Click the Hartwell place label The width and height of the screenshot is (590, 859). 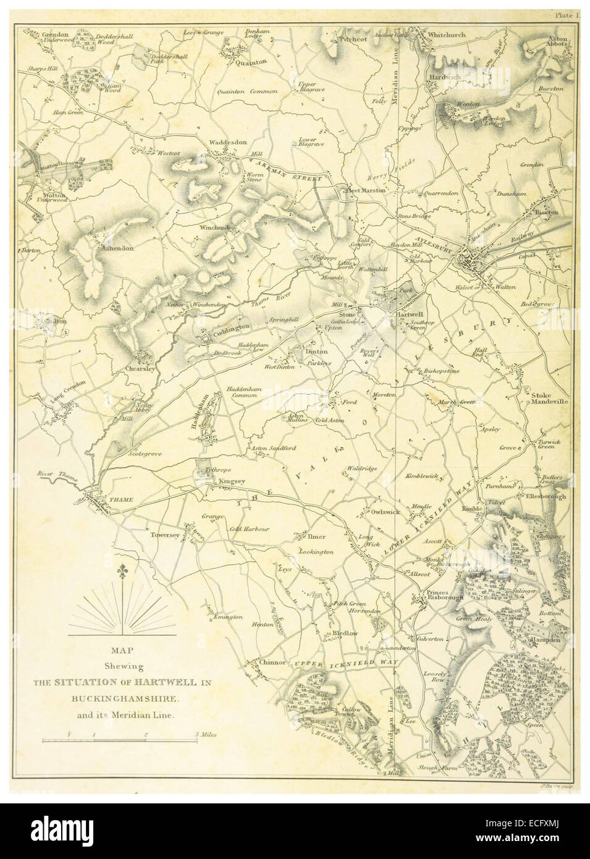click(x=409, y=313)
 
